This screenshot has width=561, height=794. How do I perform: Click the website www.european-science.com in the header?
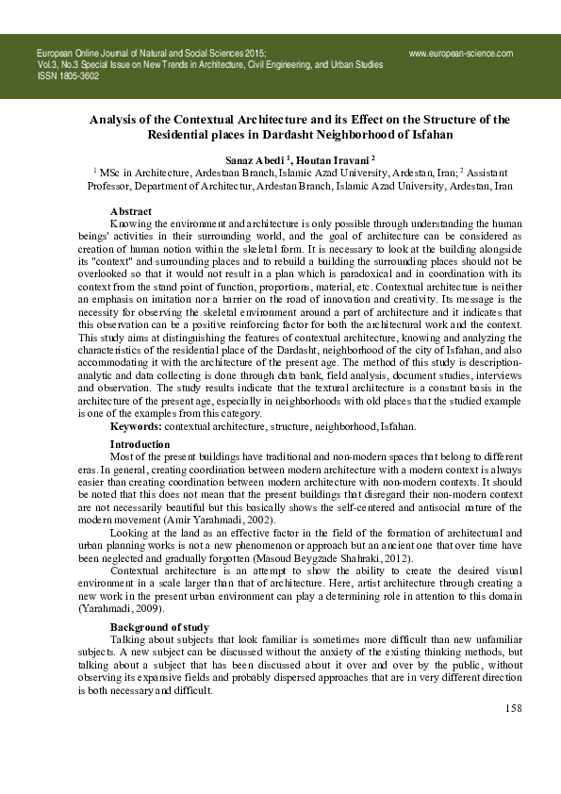[461, 54]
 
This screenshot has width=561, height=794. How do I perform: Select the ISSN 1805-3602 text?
[68, 76]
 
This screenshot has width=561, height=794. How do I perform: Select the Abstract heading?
[131, 211]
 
